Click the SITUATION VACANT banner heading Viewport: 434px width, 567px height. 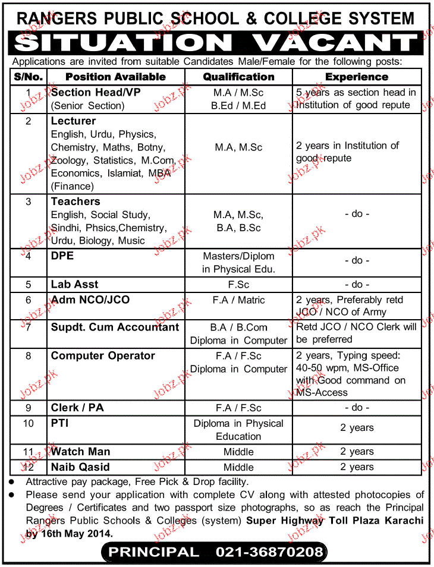[x=218, y=43]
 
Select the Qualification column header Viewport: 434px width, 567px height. [x=238, y=77]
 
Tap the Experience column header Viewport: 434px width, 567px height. [x=357, y=77]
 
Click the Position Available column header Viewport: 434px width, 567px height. [x=115, y=77]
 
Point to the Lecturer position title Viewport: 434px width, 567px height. [x=73, y=121]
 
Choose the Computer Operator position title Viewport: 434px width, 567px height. [x=103, y=356]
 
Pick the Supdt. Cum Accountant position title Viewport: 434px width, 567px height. [x=115, y=327]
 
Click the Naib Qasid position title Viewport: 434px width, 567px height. [x=80, y=467]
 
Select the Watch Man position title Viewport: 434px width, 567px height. [x=80, y=452]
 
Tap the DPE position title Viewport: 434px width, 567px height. [x=62, y=256]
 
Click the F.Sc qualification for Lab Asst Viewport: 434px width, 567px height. [x=238, y=285]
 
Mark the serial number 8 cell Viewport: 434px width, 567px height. [x=27, y=356]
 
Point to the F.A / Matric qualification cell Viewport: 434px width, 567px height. [x=238, y=300]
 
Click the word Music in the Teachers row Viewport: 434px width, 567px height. [x=131, y=241]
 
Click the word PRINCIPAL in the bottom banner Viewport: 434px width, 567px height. [x=153, y=552]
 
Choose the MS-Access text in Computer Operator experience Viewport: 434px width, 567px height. [x=322, y=393]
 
